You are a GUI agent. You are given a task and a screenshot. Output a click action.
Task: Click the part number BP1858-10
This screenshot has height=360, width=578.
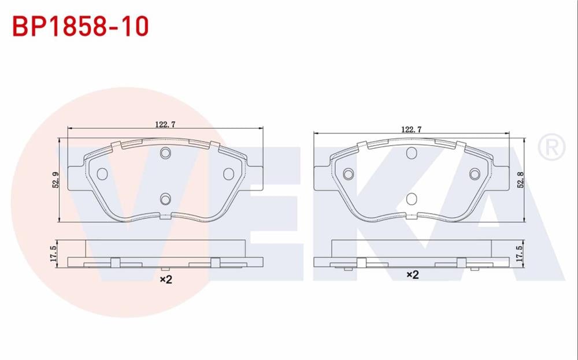[x=81, y=27]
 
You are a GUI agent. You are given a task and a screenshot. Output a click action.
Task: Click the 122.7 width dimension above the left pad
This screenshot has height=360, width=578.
[x=165, y=123]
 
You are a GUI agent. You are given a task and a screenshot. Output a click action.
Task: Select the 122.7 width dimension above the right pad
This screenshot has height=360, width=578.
[x=410, y=129]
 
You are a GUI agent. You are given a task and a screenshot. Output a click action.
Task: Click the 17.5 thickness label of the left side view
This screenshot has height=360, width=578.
[x=53, y=253]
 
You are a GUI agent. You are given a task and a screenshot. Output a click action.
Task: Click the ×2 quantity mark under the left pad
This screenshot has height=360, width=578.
[x=166, y=280]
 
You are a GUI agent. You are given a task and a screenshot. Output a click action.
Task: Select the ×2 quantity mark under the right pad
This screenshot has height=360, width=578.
[x=412, y=276]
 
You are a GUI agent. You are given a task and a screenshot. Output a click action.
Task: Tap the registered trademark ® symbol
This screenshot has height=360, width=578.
[x=551, y=148]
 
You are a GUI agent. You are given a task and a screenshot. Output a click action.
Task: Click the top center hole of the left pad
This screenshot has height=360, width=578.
[x=166, y=153]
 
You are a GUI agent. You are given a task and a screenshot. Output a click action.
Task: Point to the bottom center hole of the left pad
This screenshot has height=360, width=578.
[x=166, y=199]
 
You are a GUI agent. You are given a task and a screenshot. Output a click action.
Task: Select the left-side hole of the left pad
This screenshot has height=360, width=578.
[x=103, y=173]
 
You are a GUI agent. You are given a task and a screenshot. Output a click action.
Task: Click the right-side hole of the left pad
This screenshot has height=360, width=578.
[x=228, y=173]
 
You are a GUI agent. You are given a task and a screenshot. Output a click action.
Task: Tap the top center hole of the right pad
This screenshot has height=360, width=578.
[x=412, y=153]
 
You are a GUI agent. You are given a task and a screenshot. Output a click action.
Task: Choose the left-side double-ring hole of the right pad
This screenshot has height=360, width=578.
[x=349, y=174]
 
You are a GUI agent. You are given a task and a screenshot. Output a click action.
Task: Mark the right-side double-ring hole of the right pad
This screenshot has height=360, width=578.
[x=475, y=174]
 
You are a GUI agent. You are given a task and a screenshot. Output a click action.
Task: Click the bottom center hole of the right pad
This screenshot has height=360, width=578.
[x=412, y=199]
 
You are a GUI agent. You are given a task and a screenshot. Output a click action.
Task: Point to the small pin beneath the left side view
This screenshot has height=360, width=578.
[x=165, y=269]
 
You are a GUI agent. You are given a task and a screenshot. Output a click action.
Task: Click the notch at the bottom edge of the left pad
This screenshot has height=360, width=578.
[x=166, y=217]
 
